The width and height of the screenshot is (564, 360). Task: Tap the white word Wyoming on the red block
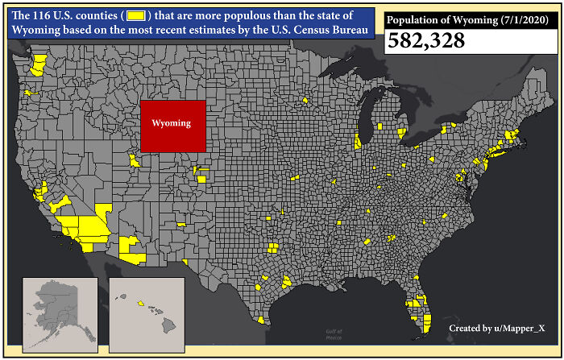point(172,123)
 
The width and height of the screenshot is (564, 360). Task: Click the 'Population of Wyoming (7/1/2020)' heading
point(459,20)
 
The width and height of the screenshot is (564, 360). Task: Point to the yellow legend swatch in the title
point(138,16)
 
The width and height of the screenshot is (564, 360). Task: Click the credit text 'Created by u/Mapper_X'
point(496,329)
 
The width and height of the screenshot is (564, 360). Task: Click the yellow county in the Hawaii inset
point(140,304)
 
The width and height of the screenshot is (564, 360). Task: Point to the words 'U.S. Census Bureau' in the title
point(318,30)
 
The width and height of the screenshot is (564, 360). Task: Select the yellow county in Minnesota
point(306,101)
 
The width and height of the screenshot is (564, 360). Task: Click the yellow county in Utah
point(135,160)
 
